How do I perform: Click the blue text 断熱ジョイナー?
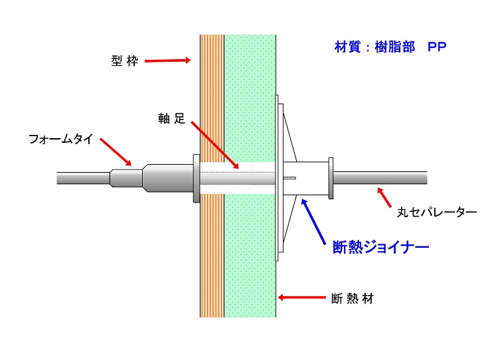point(380,248)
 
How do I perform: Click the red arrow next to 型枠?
point(167,61)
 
